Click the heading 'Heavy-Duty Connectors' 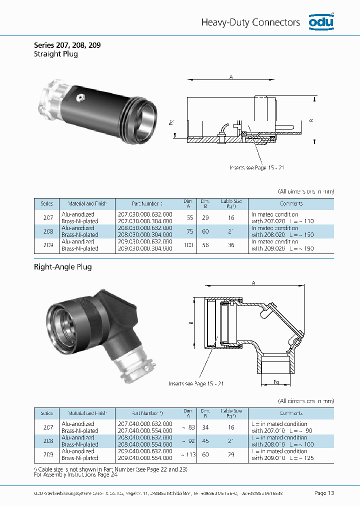pyautogui.click(x=250, y=22)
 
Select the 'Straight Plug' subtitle pyautogui.click(x=55, y=54)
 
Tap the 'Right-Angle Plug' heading pyautogui.click(x=63, y=267)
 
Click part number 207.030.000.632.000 pyautogui.click(x=145, y=214)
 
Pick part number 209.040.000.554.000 pyautogui.click(x=145, y=458)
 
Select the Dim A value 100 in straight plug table pyautogui.click(x=189, y=245)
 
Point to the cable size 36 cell pyautogui.click(x=231, y=245)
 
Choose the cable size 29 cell pyautogui.click(x=231, y=454)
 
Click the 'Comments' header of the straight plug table pyautogui.click(x=291, y=203)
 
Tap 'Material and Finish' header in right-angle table pyautogui.click(x=87, y=413)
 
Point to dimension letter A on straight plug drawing pyautogui.click(x=231, y=76)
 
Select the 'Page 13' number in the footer pyautogui.click(x=324, y=493)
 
